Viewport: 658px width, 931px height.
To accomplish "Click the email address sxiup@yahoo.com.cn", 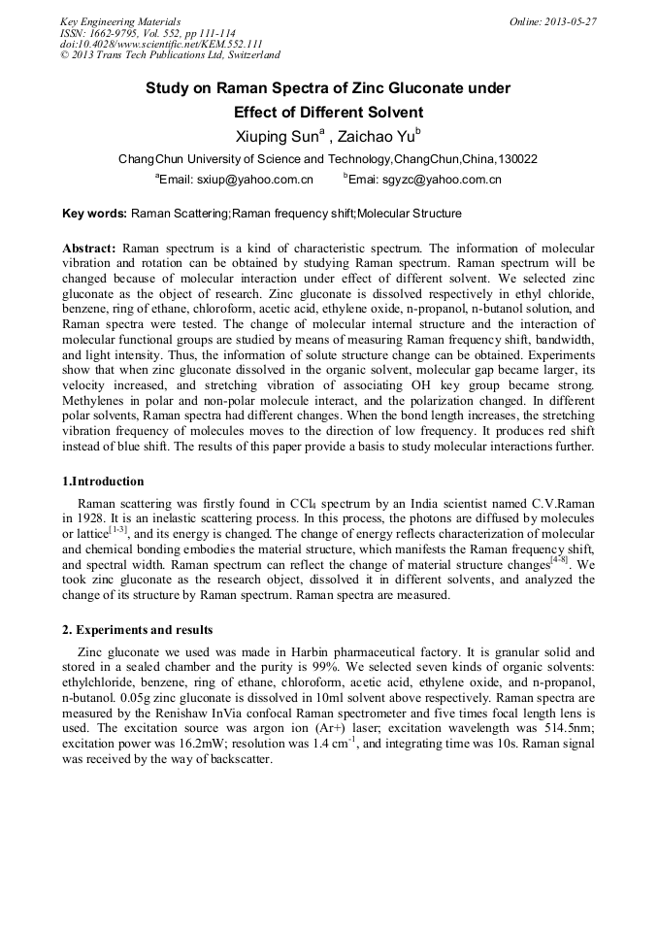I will pos(255,180).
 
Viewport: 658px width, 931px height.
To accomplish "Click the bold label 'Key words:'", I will pos(94,213).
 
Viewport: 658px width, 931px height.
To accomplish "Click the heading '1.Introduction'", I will pos(103,482).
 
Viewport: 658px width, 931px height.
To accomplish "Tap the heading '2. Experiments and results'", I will pos(138,630).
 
